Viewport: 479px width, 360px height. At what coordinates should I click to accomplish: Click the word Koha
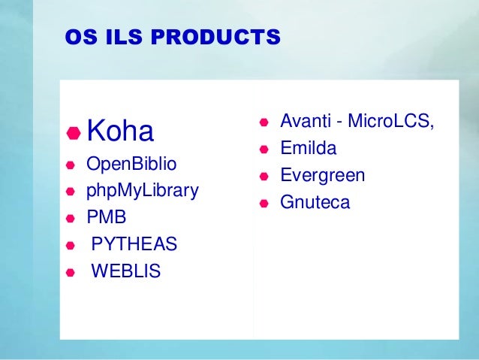tap(120, 132)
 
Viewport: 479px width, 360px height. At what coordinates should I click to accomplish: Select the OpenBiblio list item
tap(125, 164)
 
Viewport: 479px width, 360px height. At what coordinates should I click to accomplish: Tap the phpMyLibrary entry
tap(143, 191)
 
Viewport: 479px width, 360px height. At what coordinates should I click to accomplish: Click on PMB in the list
tap(107, 218)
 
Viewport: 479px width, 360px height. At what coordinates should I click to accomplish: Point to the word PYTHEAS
tap(134, 244)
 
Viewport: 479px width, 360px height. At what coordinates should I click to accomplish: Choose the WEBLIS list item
tap(126, 271)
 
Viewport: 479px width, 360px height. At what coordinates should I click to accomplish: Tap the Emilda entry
tap(309, 148)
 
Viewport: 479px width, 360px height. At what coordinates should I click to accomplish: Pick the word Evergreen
tap(323, 176)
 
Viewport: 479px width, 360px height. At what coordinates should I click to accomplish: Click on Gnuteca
tap(315, 203)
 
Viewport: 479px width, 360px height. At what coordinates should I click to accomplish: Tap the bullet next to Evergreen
tap(264, 177)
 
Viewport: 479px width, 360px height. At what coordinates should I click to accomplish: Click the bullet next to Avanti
tap(264, 123)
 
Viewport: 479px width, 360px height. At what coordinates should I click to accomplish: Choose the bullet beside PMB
tap(70, 219)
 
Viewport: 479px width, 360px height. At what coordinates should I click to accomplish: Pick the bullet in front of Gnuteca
tap(264, 204)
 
